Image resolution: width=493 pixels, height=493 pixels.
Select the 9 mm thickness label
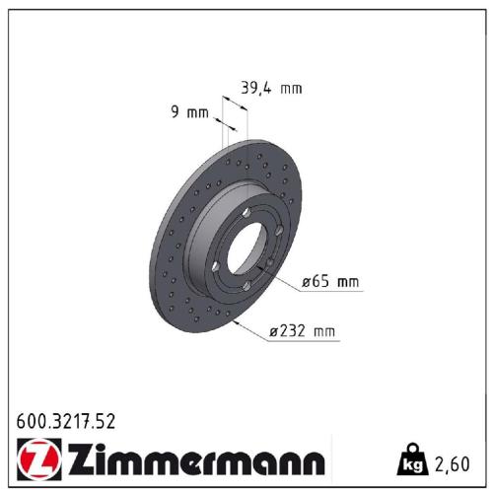(x=191, y=112)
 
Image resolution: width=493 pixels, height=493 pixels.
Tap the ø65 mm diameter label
(x=330, y=282)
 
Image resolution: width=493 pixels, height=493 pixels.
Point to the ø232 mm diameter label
(x=303, y=331)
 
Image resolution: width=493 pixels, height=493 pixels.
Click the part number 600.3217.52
(x=67, y=421)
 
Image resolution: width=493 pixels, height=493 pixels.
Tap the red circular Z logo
(x=35, y=459)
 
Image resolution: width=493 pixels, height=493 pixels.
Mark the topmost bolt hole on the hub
(x=244, y=214)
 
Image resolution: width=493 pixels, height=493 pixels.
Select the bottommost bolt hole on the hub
(x=246, y=287)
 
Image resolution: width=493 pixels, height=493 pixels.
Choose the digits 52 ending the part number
(x=106, y=421)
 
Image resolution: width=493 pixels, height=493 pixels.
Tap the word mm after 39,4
(x=290, y=88)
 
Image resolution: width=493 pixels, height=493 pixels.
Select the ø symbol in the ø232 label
(x=272, y=332)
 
